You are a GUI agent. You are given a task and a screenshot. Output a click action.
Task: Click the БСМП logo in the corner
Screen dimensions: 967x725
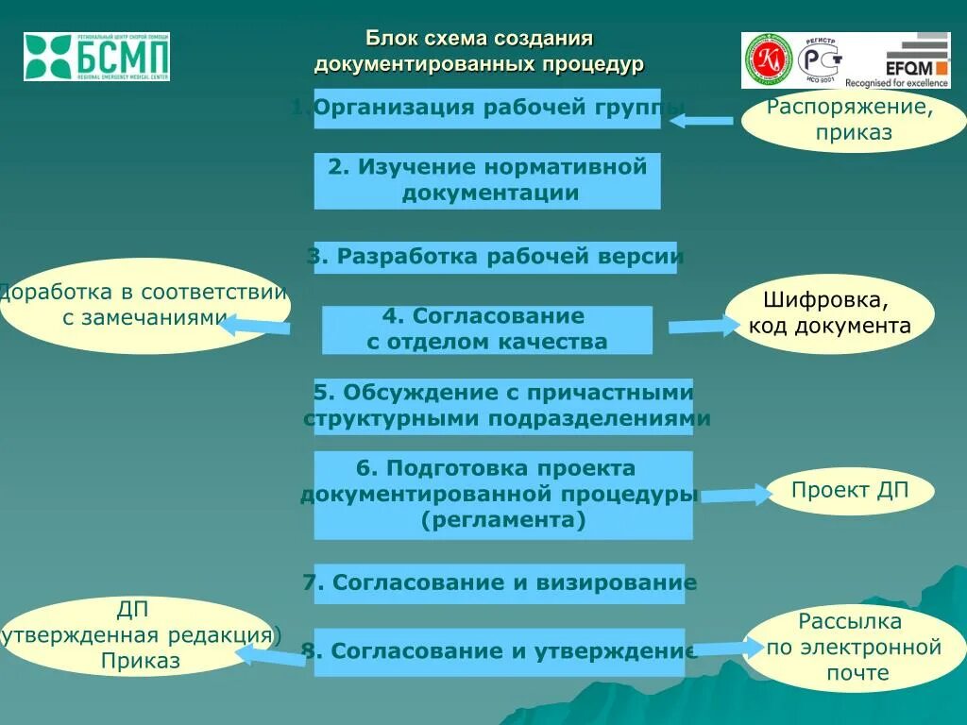tap(97, 56)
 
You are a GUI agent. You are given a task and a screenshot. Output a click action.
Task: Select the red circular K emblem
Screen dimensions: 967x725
tap(766, 59)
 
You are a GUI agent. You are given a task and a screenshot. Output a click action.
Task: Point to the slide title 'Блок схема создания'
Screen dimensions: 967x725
tap(479, 40)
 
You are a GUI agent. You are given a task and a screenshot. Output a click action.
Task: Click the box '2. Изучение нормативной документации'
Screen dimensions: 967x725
tap(486, 180)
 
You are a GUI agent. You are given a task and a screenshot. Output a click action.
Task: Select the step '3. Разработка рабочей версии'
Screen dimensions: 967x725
tap(495, 257)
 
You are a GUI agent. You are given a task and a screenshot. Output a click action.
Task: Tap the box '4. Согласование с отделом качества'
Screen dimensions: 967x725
tap(486, 329)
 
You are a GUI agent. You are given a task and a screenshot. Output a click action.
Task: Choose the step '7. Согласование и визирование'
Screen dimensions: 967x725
tap(499, 583)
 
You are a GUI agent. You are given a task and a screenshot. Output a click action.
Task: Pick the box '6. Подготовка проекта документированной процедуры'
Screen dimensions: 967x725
tap(502, 495)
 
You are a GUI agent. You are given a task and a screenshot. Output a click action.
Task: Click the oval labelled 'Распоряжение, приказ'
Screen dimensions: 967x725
tap(850, 120)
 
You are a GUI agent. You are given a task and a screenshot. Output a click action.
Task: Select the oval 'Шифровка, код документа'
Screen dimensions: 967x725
tap(829, 314)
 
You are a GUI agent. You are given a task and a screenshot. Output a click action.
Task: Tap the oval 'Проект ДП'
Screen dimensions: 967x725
tap(849, 491)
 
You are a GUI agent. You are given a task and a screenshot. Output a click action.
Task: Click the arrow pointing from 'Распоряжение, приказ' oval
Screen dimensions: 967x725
tap(702, 120)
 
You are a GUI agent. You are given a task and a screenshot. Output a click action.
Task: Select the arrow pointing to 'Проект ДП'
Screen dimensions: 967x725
tap(737, 494)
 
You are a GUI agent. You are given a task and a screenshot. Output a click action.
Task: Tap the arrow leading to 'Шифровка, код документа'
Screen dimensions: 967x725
tap(704, 327)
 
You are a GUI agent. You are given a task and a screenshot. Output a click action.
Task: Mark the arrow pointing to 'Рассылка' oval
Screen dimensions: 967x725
tap(727, 648)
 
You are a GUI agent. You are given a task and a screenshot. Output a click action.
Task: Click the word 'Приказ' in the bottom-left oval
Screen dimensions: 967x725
tap(140, 662)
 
